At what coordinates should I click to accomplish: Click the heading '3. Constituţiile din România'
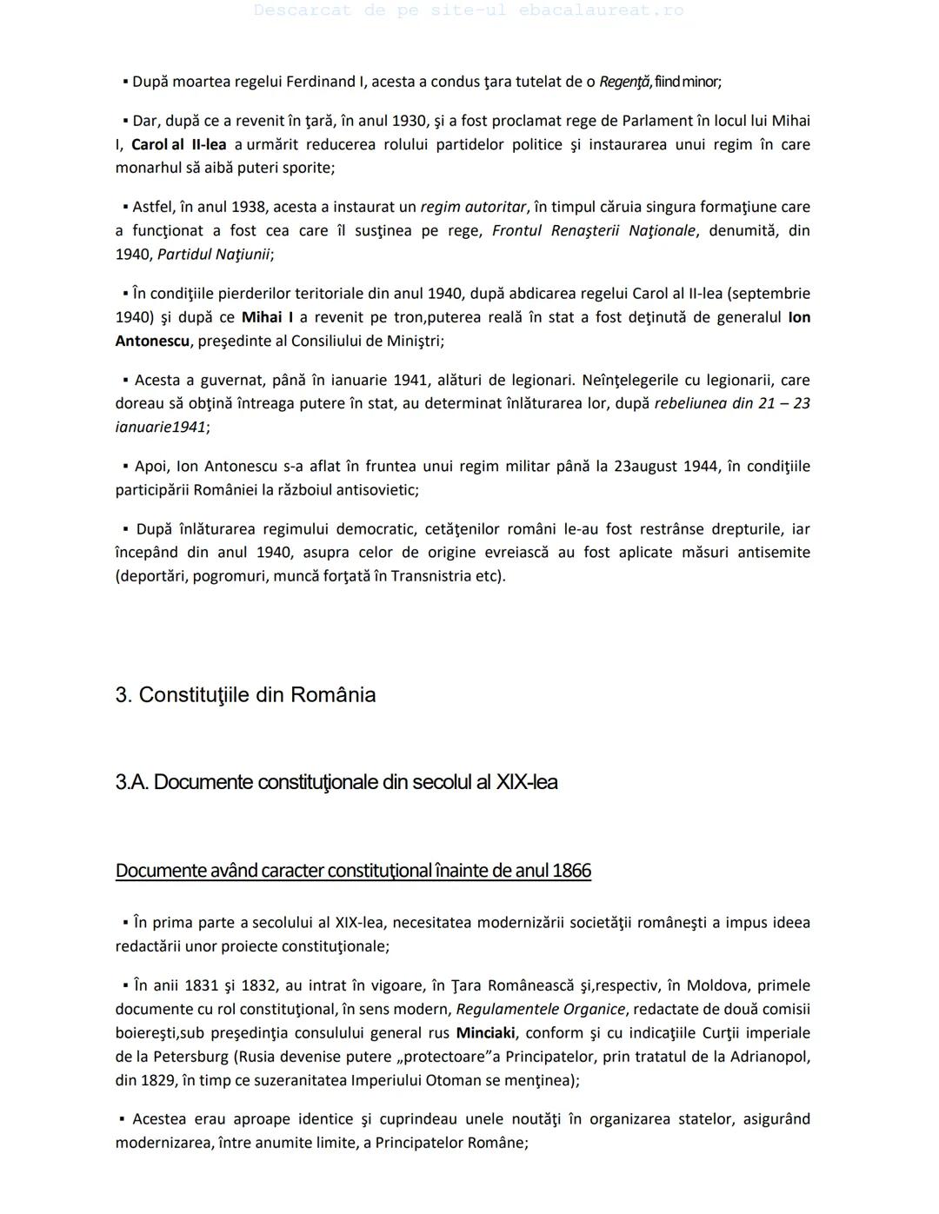click(x=245, y=695)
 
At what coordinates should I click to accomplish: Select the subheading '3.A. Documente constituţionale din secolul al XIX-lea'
click(x=336, y=782)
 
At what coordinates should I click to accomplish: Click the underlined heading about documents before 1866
click(x=353, y=871)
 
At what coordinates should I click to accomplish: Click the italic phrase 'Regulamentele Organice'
click(x=540, y=1010)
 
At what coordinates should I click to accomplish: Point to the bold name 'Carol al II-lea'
click(x=178, y=144)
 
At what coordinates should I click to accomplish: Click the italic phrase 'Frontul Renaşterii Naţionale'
click(x=594, y=231)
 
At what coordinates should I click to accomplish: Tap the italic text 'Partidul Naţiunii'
click(x=213, y=255)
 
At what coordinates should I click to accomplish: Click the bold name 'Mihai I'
click(x=267, y=317)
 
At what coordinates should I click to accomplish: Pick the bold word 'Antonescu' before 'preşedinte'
click(x=152, y=341)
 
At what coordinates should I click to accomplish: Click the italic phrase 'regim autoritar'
click(x=473, y=207)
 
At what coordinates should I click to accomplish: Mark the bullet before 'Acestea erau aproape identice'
click(x=123, y=1118)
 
